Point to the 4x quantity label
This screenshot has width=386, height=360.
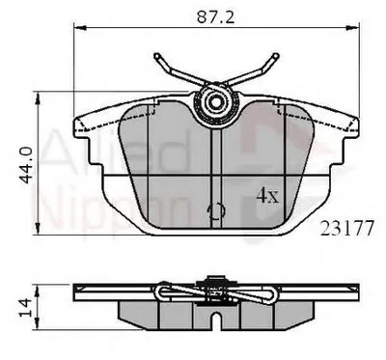tap(266, 194)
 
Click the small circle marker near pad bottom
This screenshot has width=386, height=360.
tap(215, 209)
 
